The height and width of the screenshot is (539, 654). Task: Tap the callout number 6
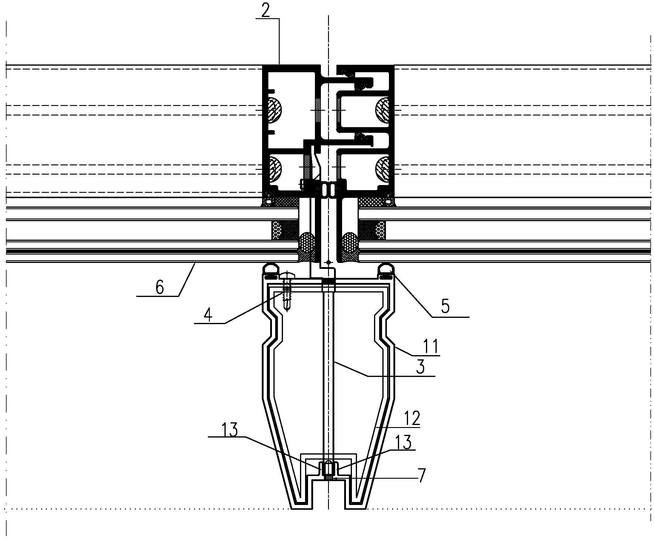(160, 288)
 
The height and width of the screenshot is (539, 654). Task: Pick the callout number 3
(420, 367)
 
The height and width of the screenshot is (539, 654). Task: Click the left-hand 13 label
(230, 430)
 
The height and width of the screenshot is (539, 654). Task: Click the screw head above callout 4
(287, 275)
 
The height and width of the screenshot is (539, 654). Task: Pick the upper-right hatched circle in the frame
(384, 110)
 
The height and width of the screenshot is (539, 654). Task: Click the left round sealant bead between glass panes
(307, 240)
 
